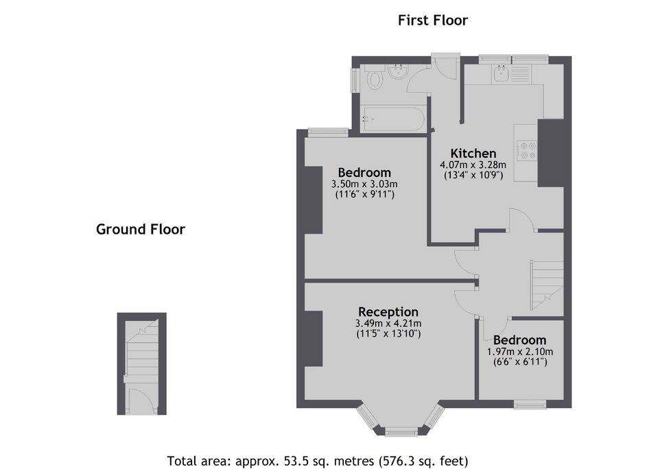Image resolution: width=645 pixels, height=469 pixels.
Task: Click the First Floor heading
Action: [433, 20]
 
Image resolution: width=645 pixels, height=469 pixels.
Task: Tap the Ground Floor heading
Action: [141, 229]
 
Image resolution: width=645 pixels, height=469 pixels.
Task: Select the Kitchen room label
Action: [473, 154]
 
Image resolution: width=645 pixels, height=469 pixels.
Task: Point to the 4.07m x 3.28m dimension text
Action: [473, 165]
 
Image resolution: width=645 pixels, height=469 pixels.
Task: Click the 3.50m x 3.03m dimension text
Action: [364, 184]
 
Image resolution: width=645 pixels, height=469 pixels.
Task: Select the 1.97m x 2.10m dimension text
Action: [520, 352]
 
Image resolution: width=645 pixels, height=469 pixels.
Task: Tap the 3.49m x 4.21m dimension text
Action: [388, 324]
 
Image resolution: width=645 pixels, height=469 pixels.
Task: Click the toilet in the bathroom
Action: [374, 78]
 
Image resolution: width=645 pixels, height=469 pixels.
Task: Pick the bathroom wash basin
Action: [398, 72]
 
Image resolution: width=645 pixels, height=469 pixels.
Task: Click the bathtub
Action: [392, 119]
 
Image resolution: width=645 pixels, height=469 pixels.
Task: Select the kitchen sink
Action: [501, 74]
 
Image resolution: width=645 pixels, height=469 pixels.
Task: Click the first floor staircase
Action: [547, 285]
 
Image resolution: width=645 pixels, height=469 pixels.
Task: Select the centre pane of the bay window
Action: [401, 431]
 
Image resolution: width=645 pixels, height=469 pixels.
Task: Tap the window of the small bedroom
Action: [530, 405]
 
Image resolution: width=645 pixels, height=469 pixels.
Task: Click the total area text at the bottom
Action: [318, 461]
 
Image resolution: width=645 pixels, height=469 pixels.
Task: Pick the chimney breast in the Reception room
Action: [314, 338]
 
